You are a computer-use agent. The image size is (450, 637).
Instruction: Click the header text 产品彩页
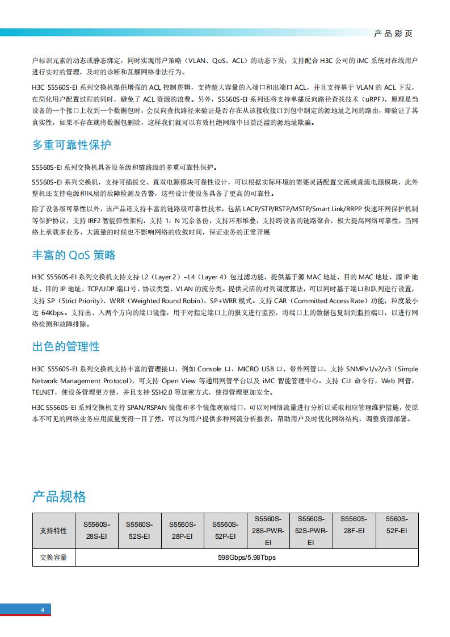pyautogui.click(x=393, y=33)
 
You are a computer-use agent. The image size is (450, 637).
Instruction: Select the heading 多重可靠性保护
pyautogui.click(x=72, y=145)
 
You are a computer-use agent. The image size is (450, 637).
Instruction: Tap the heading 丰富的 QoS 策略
pyautogui.click(x=74, y=255)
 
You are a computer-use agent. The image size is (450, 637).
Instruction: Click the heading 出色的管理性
pyautogui.click(x=66, y=346)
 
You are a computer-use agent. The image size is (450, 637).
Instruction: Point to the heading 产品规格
pyautogui.click(x=59, y=497)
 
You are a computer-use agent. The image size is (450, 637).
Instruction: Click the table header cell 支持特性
pyautogui.click(x=53, y=531)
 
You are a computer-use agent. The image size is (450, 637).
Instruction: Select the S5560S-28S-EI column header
pyautogui.click(x=96, y=531)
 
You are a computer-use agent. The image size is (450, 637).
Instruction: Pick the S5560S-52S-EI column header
pyautogui.click(x=139, y=531)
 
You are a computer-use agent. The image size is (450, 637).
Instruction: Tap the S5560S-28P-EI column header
pyautogui.click(x=182, y=531)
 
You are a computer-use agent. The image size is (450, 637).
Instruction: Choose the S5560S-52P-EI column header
pyautogui.click(x=225, y=531)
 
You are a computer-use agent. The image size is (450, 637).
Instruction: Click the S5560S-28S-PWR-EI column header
pyautogui.click(x=268, y=531)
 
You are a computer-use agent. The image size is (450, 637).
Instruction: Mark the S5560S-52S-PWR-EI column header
pyautogui.click(x=311, y=531)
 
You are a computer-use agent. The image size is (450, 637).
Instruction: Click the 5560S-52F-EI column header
pyautogui.click(x=397, y=525)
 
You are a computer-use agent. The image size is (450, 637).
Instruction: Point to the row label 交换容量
pyautogui.click(x=53, y=558)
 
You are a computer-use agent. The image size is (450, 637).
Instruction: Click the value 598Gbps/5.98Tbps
pyautogui.click(x=247, y=558)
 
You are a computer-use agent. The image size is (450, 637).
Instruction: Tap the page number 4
pyautogui.click(x=42, y=610)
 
